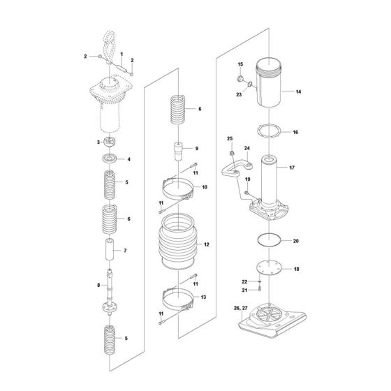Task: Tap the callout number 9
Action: point(197,148)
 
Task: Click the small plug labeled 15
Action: point(240,75)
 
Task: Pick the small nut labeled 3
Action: point(109,142)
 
